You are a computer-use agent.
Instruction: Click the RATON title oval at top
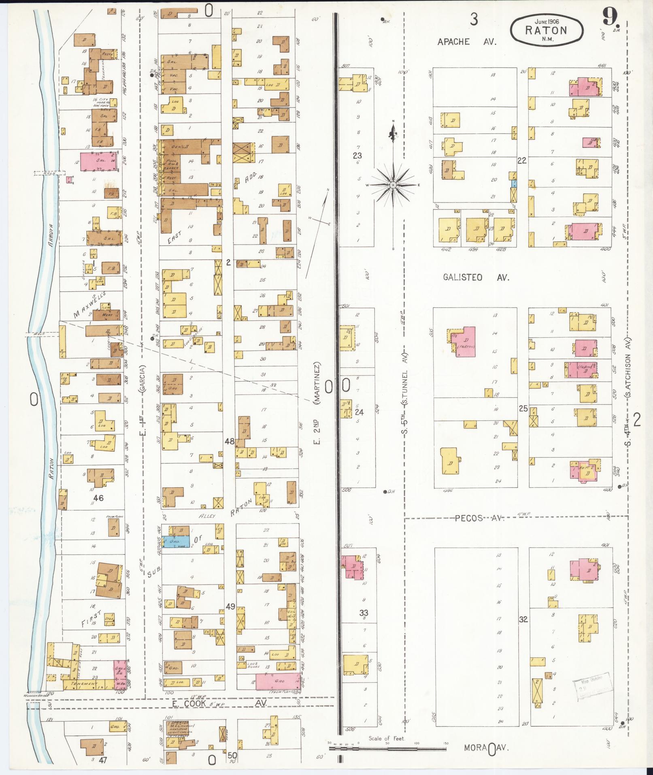pos(547,30)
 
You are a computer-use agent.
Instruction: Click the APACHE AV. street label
pos(466,41)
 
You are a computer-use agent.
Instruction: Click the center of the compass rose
pos(393,185)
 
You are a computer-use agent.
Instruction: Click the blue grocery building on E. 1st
pos(175,541)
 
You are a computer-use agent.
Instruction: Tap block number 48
pos(229,441)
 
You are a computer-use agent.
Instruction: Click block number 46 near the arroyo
pos(98,498)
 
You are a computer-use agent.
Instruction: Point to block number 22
pos(522,161)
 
